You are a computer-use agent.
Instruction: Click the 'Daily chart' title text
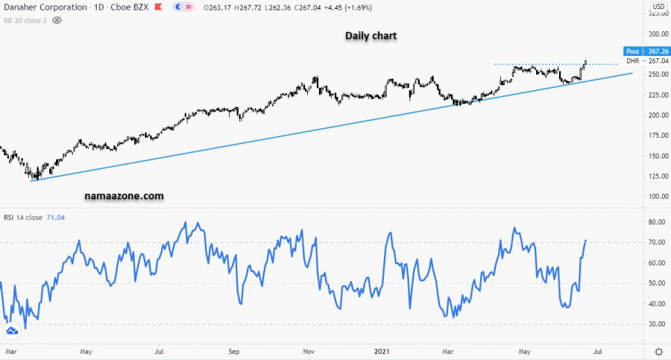tap(371, 36)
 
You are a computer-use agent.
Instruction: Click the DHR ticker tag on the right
tap(632, 61)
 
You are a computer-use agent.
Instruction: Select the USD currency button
tap(658, 7)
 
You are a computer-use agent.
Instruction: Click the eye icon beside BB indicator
tap(57, 20)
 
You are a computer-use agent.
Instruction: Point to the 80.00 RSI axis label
tap(656, 222)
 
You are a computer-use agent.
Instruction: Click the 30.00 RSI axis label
tap(656, 324)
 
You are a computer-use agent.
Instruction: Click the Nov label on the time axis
tap(309, 350)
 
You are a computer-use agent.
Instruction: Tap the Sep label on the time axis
tap(233, 350)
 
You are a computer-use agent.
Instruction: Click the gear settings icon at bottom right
tap(658, 351)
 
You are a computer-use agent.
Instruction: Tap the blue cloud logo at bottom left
tap(12, 331)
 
